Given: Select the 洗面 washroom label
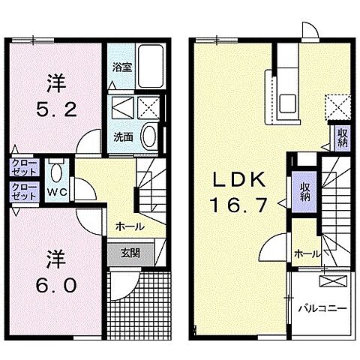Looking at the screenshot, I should pyautogui.click(x=123, y=136).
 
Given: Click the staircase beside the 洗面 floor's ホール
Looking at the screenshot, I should pyautogui.click(x=150, y=187).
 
